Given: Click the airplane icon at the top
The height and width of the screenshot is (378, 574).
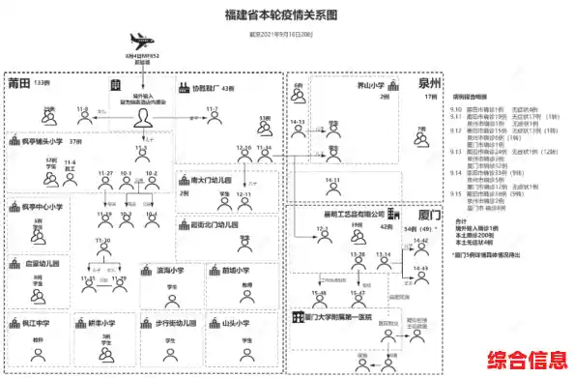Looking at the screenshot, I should pos(142,44).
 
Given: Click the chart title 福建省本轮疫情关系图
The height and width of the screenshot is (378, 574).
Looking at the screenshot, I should pos(281,15).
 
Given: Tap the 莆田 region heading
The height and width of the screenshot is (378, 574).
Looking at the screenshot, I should pos(19,84).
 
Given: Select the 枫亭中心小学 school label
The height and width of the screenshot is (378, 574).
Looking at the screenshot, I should pos(41,206).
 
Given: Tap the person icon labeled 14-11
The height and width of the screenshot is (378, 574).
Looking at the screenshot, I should pos(332,190).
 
